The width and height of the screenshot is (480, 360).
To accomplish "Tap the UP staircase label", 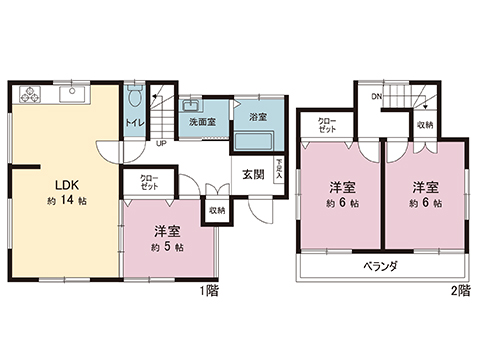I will pos(161,143).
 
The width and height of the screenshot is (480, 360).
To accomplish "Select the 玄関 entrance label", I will pos(253,173).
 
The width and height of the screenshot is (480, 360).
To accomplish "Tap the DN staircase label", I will pos(376,97).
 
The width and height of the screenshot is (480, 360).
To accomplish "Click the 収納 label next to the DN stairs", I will pos(426,125).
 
